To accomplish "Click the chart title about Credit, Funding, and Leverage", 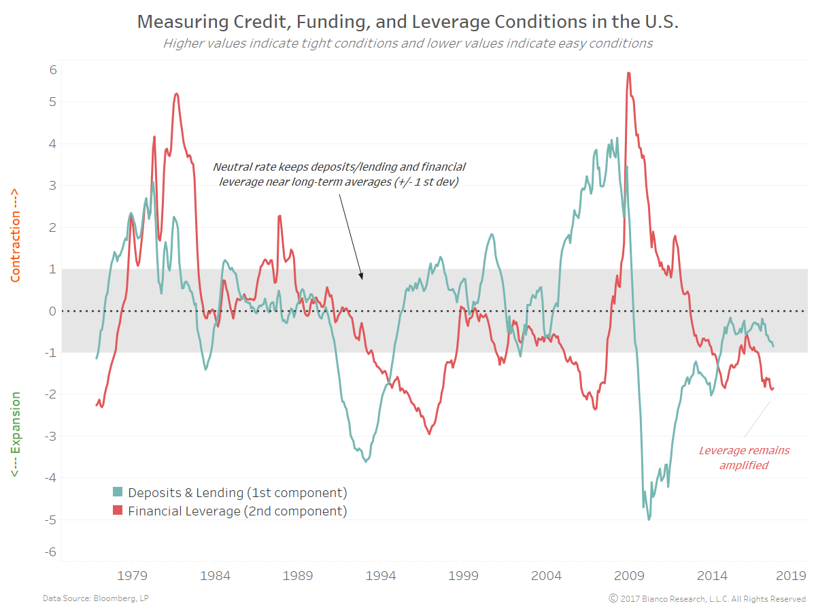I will pyautogui.click(x=408, y=21).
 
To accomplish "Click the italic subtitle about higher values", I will pyautogui.click(x=408, y=44).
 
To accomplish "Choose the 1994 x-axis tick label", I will pyautogui.click(x=381, y=576).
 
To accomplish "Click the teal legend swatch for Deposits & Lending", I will pyautogui.click(x=118, y=492).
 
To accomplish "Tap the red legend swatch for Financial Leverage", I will pyautogui.click(x=118, y=511).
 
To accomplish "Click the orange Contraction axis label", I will pyautogui.click(x=15, y=235).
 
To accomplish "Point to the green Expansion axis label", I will pyautogui.click(x=15, y=435).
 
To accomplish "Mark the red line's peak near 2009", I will pyautogui.click(x=628, y=73).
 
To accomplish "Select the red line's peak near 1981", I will pyautogui.click(x=177, y=94).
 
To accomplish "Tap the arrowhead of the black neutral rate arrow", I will pyautogui.click(x=362, y=277).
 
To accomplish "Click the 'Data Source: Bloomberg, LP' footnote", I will pyautogui.click(x=86, y=598).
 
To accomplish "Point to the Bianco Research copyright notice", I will pyautogui.click(x=707, y=598).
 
